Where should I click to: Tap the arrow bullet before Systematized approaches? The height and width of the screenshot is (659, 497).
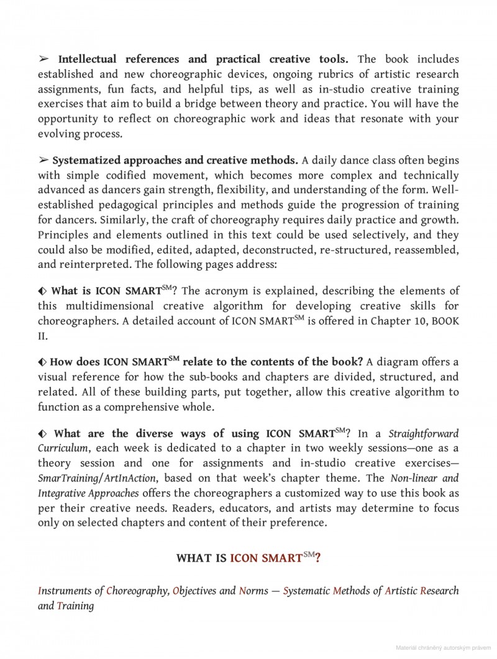coord(43,160)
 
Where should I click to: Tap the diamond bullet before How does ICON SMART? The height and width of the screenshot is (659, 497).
coord(42,362)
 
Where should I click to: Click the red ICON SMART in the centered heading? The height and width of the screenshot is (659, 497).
coord(266,557)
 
